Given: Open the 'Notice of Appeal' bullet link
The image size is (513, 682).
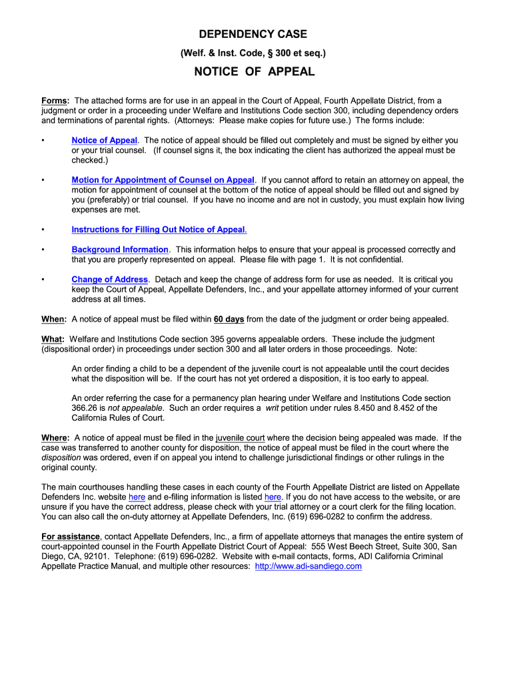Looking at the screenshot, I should [104, 141].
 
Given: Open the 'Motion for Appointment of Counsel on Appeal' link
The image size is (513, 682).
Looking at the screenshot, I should [163, 180].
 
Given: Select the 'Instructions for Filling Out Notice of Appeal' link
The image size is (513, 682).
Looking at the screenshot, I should [159, 229].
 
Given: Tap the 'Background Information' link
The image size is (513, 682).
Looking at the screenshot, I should [120, 249].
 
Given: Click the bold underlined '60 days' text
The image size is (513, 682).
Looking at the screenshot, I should [229, 319].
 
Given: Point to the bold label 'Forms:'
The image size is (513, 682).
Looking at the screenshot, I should [55, 101].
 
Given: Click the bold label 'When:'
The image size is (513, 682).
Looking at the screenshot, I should [53, 319].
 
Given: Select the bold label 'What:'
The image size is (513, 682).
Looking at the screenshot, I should [53, 339].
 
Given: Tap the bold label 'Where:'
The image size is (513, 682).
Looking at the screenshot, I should [55, 438].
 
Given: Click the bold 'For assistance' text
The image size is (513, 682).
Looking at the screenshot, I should [71, 536].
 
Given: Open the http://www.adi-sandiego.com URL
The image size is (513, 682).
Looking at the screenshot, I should [308, 566].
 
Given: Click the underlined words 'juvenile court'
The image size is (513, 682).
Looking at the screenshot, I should [240, 438].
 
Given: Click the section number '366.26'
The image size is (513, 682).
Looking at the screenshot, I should [85, 408].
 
